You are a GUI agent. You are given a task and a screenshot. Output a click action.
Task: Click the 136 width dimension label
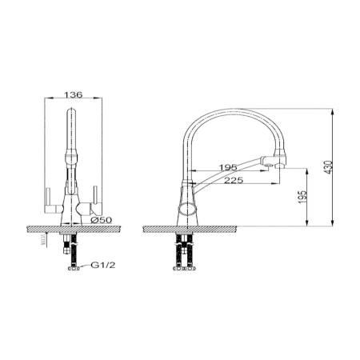(x=74, y=94)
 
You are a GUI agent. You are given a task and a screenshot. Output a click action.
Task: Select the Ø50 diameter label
(x=101, y=220)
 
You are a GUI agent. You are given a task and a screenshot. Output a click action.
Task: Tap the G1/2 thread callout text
(x=103, y=265)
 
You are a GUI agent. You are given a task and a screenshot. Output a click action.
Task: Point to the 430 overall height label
(x=330, y=167)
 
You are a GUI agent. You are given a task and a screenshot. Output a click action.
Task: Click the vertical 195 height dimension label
(x=302, y=198)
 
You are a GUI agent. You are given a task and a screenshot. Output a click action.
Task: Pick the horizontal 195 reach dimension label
(x=228, y=167)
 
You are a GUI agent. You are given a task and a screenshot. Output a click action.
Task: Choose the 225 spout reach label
(x=234, y=181)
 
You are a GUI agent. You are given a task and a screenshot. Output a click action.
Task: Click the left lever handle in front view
(x=53, y=202)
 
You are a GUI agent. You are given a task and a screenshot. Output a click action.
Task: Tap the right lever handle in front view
(x=91, y=202)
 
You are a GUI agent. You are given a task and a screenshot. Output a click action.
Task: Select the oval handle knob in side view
(x=188, y=209)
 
